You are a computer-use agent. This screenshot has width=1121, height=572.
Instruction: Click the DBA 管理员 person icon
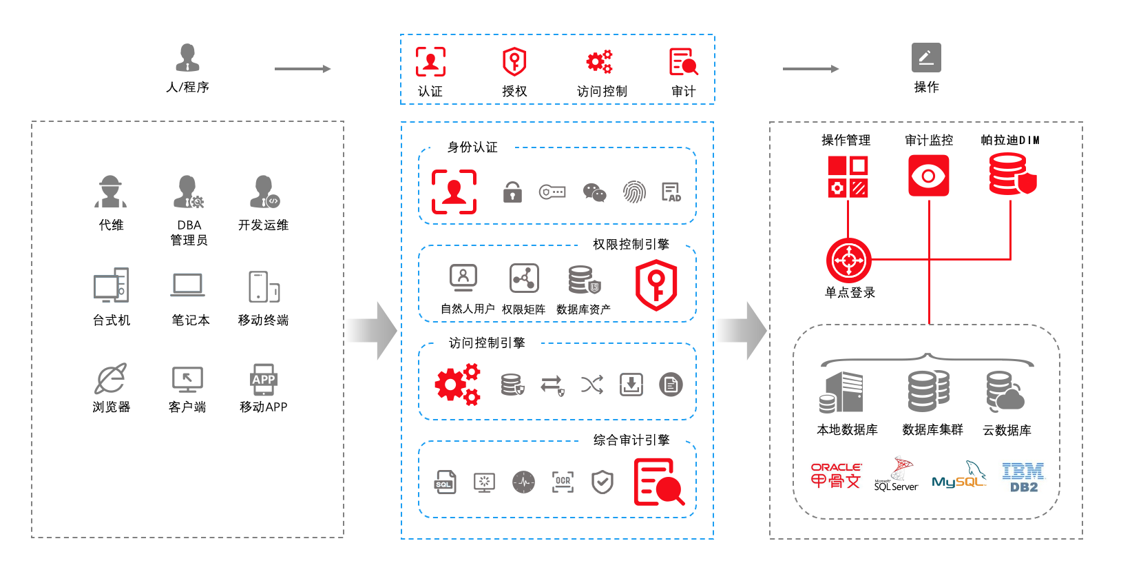tap(188, 192)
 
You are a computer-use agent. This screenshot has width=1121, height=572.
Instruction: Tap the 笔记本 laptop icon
tap(188, 285)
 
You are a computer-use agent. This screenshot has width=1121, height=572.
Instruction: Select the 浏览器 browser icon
tap(111, 378)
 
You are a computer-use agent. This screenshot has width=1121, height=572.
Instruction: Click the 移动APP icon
tap(263, 379)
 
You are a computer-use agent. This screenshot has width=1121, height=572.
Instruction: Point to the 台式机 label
tap(112, 320)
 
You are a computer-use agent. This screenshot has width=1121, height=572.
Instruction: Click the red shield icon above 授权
tap(514, 62)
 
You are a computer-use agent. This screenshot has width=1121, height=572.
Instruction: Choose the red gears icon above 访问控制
tap(599, 62)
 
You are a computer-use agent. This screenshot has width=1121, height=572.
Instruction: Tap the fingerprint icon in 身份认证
tap(634, 192)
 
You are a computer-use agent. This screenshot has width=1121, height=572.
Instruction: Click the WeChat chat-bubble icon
tap(594, 192)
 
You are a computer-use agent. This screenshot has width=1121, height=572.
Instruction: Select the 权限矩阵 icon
tap(524, 278)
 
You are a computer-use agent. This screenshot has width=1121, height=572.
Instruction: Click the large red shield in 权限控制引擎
tap(656, 285)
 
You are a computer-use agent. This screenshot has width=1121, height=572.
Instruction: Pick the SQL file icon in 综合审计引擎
tap(445, 482)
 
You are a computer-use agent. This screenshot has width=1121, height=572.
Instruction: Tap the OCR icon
tap(563, 482)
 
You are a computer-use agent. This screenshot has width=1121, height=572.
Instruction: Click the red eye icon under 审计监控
tap(928, 176)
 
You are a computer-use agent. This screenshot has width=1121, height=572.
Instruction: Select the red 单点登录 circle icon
tap(848, 261)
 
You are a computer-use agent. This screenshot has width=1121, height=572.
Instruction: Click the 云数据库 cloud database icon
tap(1005, 391)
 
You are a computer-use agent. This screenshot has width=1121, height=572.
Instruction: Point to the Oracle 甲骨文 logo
tap(836, 476)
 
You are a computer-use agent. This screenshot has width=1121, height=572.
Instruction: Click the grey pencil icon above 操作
tap(926, 58)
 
